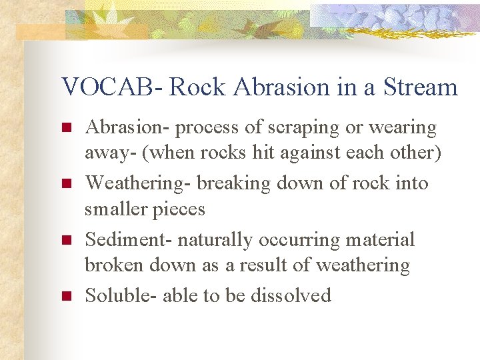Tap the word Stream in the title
click(x=421, y=87)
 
